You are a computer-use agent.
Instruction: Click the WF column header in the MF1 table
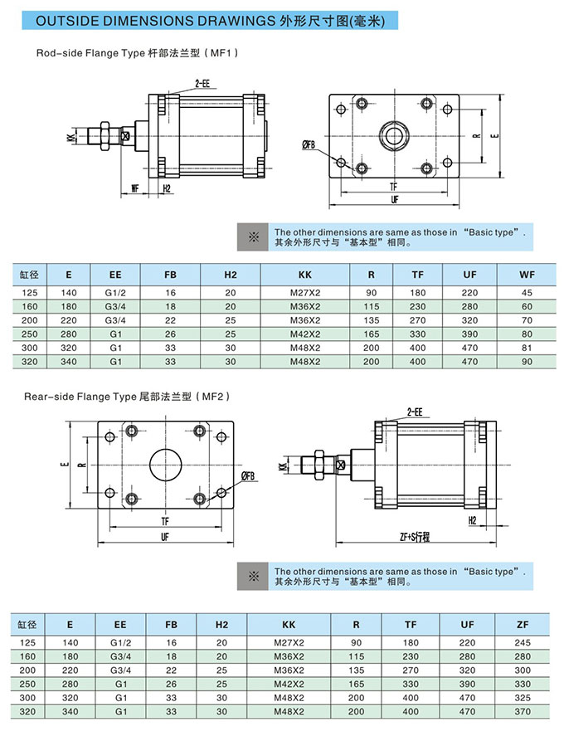tap(527, 275)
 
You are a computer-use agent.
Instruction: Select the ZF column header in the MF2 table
tap(523, 624)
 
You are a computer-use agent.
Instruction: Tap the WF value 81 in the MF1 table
tap(527, 348)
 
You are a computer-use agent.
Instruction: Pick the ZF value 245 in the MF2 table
tap(523, 641)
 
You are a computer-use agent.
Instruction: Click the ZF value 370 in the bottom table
tap(523, 711)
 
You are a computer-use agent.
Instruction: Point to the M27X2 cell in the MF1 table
tap(305, 292)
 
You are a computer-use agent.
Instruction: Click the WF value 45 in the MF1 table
tap(527, 292)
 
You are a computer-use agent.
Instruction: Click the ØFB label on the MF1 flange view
tap(309, 145)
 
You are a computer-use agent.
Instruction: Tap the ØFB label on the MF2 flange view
tap(248, 475)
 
